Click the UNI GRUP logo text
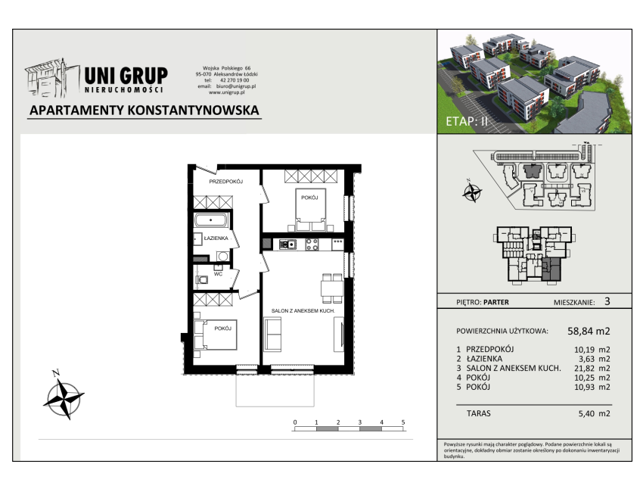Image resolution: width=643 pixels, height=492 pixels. point(126,76)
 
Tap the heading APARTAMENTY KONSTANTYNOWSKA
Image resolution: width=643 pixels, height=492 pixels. point(144,111)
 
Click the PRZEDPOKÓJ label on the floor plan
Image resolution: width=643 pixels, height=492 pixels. point(226,182)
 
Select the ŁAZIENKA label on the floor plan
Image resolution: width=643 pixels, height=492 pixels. point(216,238)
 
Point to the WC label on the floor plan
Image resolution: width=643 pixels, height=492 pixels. point(218,274)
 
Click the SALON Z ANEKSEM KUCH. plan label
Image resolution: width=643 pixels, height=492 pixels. point(303,311)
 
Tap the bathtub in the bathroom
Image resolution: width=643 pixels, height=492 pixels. point(211,220)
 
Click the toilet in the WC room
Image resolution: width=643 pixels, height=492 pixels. point(201,280)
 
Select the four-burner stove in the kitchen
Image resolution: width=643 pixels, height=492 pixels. point(312,244)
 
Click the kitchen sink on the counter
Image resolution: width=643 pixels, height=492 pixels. point(287,244)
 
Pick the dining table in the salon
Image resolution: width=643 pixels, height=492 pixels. point(332,288)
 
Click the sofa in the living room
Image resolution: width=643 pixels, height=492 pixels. point(272,334)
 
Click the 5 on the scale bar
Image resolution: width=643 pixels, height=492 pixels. point(403,422)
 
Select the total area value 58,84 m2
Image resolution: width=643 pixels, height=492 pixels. point(589,331)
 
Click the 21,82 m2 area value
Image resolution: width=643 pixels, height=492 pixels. point(592,369)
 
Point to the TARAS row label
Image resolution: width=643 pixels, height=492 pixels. point(479,413)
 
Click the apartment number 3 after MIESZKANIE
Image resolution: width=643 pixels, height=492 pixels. point(607,301)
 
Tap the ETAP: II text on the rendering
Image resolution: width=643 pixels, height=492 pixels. point(467,121)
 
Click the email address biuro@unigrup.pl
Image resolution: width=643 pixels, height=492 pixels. point(236,86)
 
